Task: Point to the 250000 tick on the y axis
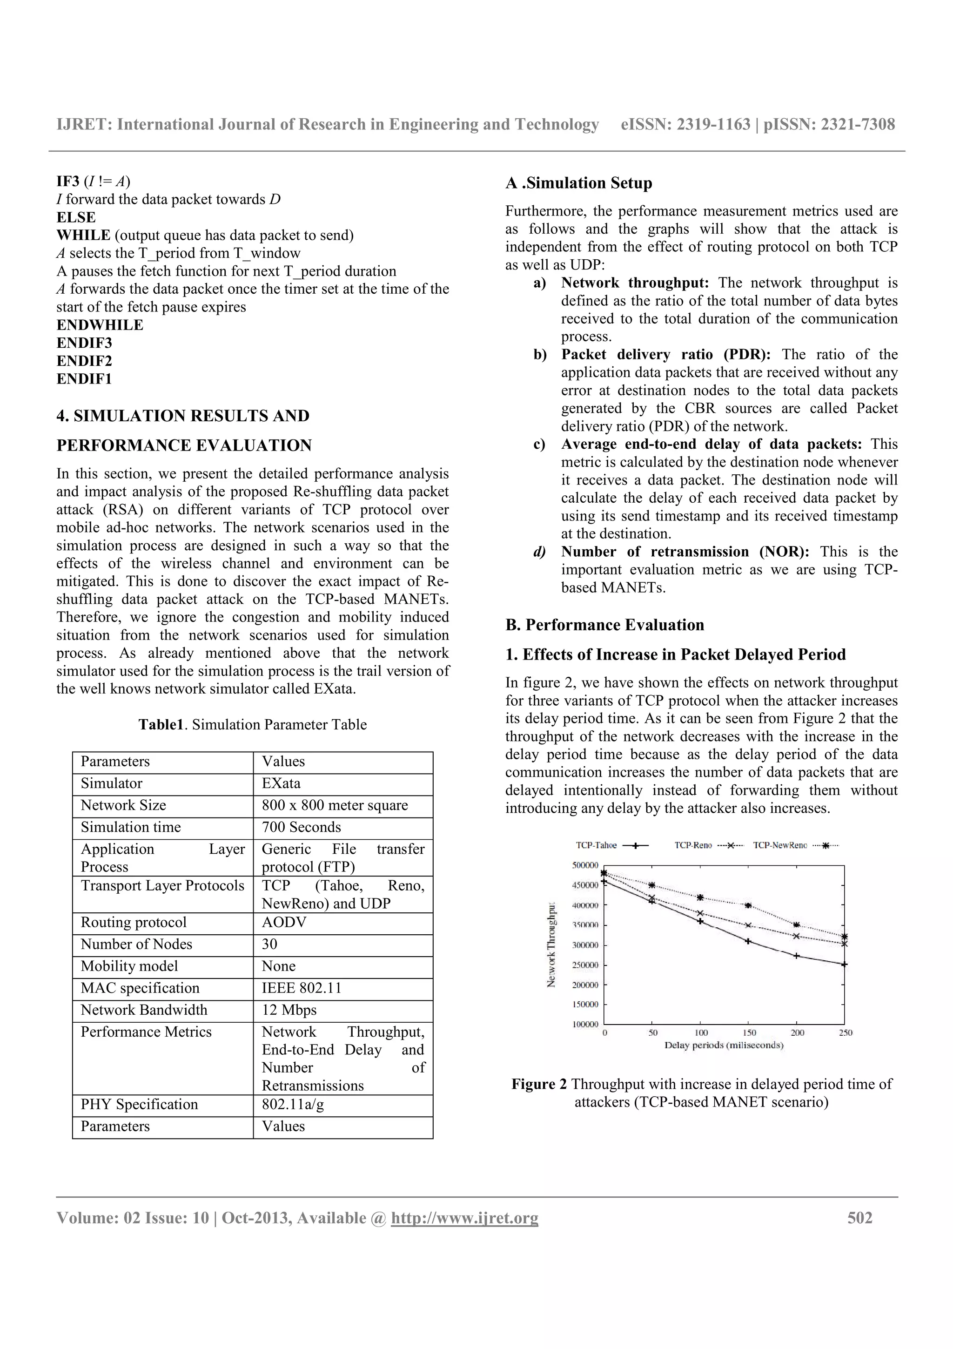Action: pyautogui.click(x=585, y=965)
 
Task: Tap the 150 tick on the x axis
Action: pyautogui.click(x=749, y=1032)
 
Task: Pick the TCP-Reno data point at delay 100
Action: pyautogui.click(x=700, y=913)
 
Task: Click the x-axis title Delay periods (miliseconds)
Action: pyautogui.click(x=724, y=1045)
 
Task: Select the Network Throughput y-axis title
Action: pyautogui.click(x=551, y=945)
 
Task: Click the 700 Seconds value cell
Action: pyautogui.click(x=301, y=827)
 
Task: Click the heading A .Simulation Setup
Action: pyautogui.click(x=578, y=183)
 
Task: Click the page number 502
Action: pyautogui.click(x=859, y=1218)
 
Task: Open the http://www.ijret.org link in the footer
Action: pyautogui.click(x=464, y=1218)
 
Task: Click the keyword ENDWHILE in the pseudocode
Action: pyautogui.click(x=100, y=325)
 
